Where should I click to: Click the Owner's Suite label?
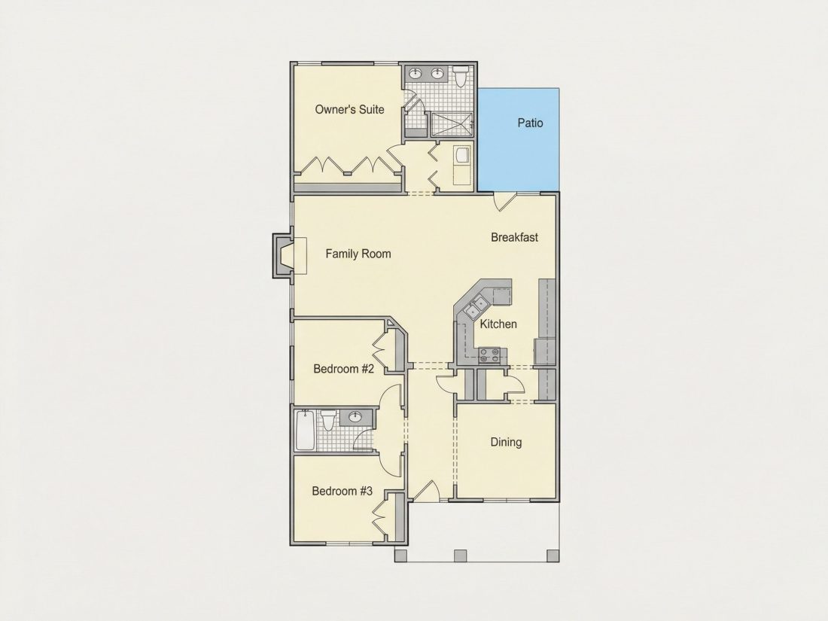349,109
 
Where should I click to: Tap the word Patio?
530,123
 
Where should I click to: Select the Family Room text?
358,254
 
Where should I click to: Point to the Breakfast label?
514,237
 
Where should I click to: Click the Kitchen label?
498,324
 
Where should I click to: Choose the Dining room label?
506,442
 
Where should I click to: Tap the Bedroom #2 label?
344,369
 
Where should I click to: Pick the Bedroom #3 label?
342,491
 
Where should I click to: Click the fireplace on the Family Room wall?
286,256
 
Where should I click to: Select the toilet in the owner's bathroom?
461,76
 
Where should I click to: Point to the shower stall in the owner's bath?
450,125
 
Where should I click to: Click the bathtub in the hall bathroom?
305,430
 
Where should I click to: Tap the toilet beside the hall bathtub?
329,420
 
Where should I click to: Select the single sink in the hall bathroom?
355,417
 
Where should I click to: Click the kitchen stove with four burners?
489,355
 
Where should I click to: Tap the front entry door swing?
425,491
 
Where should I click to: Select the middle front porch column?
461,556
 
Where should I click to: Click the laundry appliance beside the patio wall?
463,157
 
